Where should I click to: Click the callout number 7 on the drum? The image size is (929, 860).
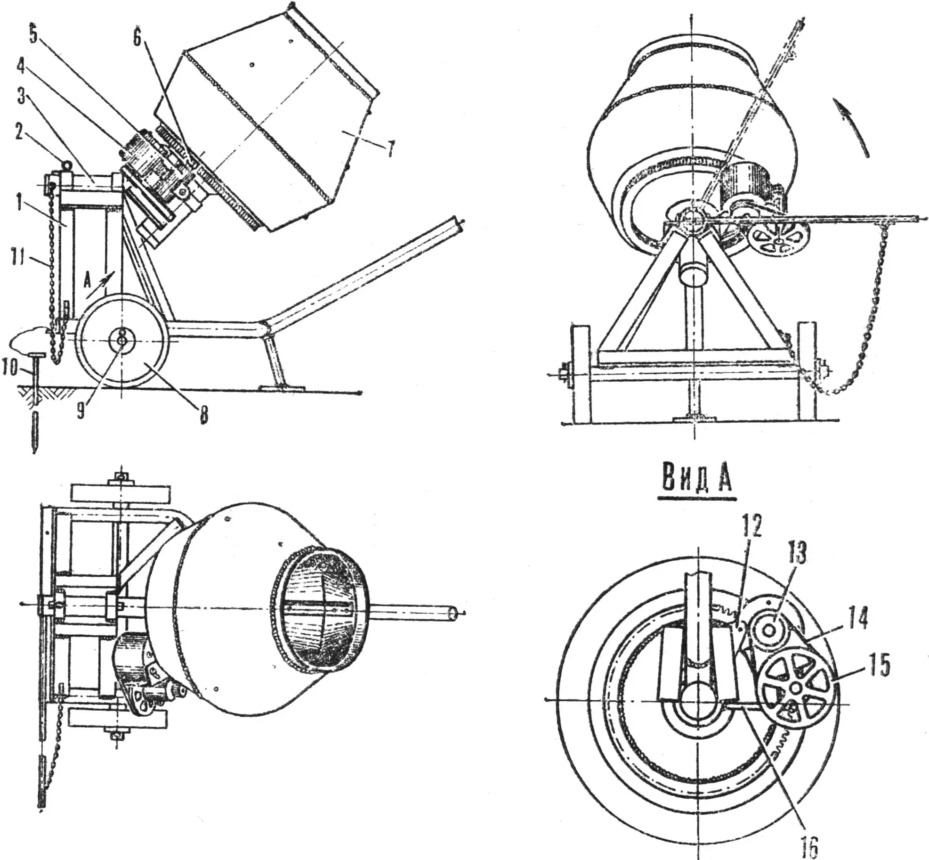click(390, 149)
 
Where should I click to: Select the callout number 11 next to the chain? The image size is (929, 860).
click(18, 259)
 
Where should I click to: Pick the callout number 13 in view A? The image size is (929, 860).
click(797, 552)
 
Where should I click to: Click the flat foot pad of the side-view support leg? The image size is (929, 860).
click(282, 387)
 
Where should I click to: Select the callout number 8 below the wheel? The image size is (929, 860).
click(203, 415)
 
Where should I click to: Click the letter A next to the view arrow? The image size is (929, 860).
click(87, 282)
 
